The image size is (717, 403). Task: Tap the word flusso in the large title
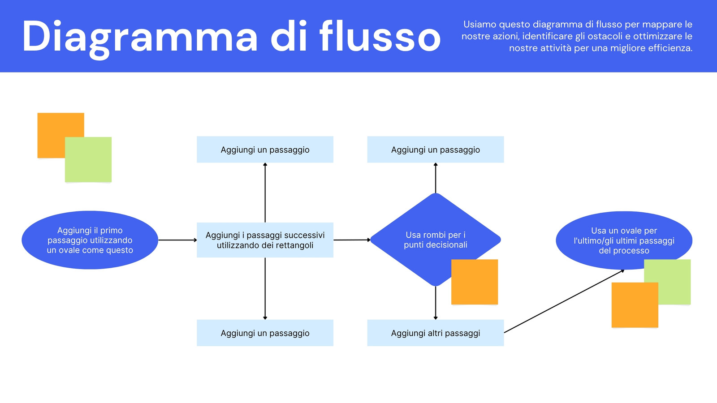380,36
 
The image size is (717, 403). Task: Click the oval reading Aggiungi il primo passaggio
90,240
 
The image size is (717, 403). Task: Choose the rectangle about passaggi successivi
265,240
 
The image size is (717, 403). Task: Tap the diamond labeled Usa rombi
435,240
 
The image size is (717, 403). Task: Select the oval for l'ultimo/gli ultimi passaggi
624,240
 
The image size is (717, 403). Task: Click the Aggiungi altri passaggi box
435,333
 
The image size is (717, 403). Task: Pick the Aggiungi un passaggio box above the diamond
435,150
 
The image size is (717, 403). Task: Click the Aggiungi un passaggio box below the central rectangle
265,333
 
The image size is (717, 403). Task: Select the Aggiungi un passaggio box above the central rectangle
265,150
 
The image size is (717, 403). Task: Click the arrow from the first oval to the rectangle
177,240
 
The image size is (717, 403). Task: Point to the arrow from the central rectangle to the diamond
352,240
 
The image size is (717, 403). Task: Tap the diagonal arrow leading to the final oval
564,301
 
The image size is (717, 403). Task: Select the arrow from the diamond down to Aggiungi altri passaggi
435,303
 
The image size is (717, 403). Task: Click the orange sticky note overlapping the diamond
475,282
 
